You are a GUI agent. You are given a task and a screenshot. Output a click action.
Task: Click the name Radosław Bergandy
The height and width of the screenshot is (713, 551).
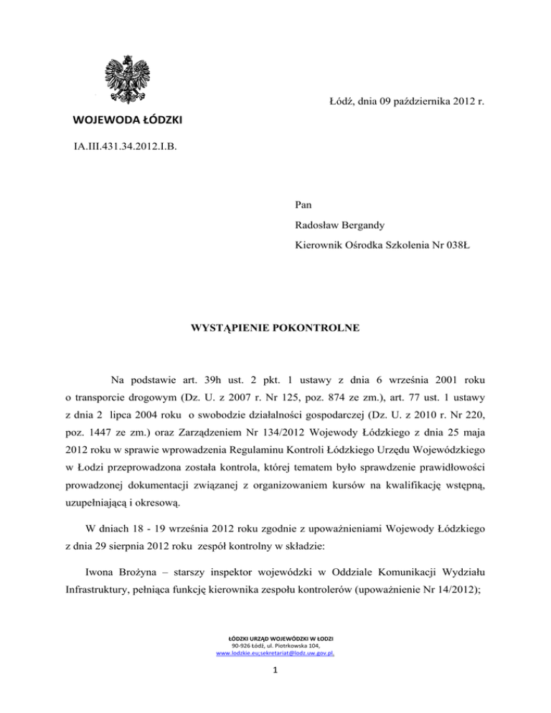[x=342, y=225]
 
